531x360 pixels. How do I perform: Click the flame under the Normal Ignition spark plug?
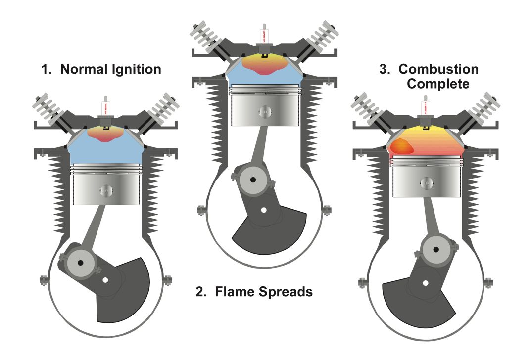coord(105,134)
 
